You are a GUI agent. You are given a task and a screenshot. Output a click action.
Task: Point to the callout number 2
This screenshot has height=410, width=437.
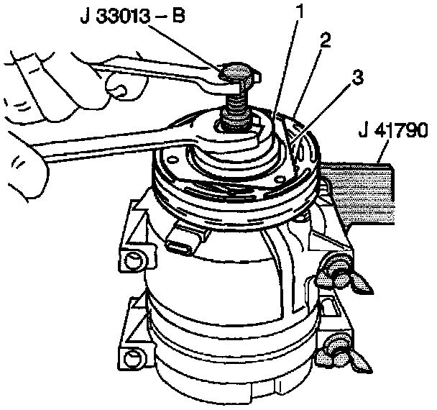[326, 41]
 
